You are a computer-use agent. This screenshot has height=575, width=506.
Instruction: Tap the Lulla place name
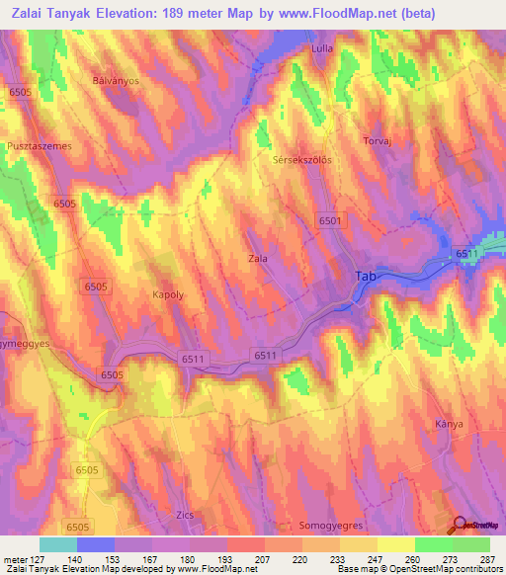321,47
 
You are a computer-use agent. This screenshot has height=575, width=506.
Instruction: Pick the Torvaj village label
381,140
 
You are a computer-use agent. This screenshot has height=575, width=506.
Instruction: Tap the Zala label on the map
257,259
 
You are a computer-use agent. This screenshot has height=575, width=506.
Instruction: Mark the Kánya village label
450,424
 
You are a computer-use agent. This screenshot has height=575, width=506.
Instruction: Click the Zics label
180,516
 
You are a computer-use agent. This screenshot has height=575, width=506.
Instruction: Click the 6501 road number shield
330,222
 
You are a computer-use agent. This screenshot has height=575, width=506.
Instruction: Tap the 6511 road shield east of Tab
466,255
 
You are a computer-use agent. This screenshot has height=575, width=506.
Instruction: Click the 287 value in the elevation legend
488,559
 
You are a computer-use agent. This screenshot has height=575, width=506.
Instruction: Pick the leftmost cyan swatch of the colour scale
58,544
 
